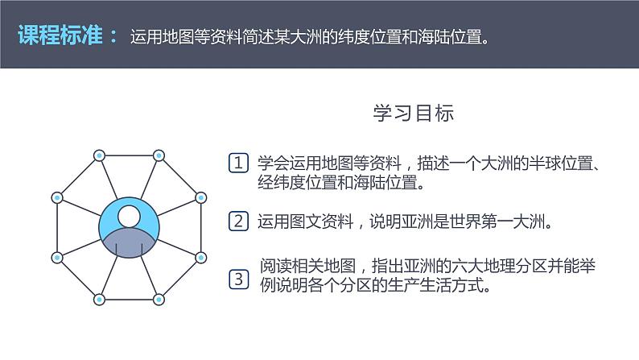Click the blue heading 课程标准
[x=60, y=35]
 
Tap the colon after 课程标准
[x=113, y=36]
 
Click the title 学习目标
[x=414, y=113]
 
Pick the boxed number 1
[x=238, y=163]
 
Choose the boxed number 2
[x=238, y=221]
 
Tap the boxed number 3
[x=239, y=279]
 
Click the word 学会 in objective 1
[x=273, y=163]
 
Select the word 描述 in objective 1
[x=433, y=163]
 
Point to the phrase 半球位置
[x=560, y=163]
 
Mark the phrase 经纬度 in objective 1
[x=281, y=182]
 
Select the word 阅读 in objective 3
[x=276, y=266]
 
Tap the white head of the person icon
[x=130, y=216]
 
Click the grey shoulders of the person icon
[x=129, y=243]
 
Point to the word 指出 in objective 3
[x=387, y=266]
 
